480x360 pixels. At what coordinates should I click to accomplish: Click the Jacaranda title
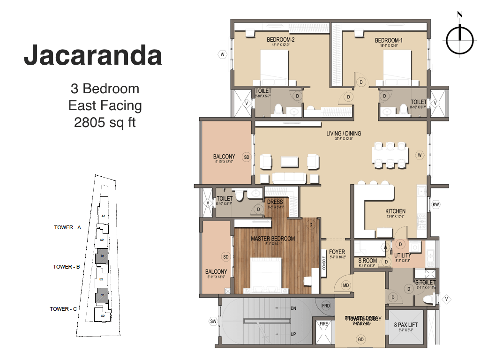point(93,56)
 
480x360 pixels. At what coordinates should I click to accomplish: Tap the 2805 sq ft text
point(105,122)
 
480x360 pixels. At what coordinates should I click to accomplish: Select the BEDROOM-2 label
point(280,40)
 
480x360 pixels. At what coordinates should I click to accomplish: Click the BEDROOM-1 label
point(389,40)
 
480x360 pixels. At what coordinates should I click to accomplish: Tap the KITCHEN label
point(395,211)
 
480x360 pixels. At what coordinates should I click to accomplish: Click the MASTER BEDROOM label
point(273,239)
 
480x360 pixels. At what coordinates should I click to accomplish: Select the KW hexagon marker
point(435,205)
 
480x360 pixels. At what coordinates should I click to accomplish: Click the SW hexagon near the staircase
point(213,321)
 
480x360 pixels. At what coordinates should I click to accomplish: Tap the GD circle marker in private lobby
point(360,339)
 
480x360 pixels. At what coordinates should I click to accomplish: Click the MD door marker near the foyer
point(346,285)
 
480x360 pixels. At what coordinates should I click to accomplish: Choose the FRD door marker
point(326,306)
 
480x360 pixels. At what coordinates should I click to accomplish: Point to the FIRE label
point(323,323)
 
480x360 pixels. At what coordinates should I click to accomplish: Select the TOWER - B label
point(69,267)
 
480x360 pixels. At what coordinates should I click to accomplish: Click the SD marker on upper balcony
point(246,157)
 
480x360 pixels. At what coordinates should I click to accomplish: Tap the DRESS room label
point(275,202)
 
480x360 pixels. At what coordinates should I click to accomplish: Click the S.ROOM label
point(367,261)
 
